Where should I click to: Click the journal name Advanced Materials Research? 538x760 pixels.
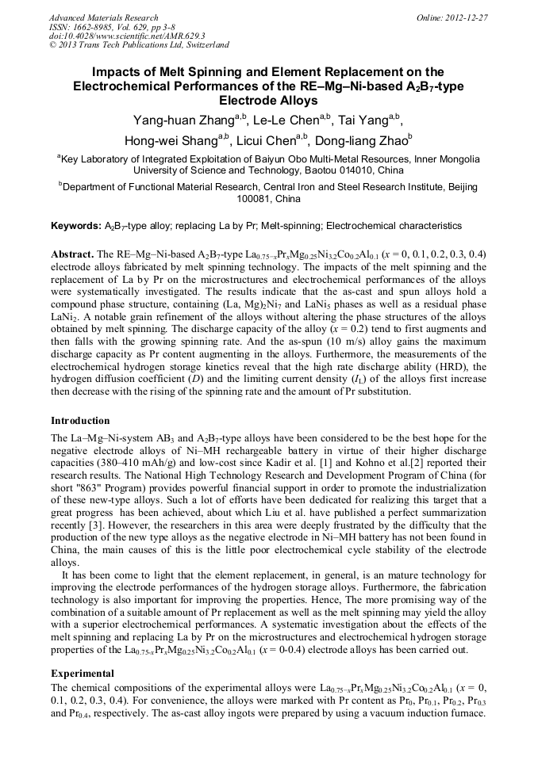[103, 17]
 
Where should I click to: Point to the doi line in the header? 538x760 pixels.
[127, 36]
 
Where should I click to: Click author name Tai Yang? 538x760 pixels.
[367, 120]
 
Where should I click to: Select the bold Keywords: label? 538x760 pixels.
[76, 226]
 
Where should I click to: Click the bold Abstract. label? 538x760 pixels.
[72, 254]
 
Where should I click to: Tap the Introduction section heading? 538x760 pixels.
[80, 421]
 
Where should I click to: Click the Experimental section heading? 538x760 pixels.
[83, 674]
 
